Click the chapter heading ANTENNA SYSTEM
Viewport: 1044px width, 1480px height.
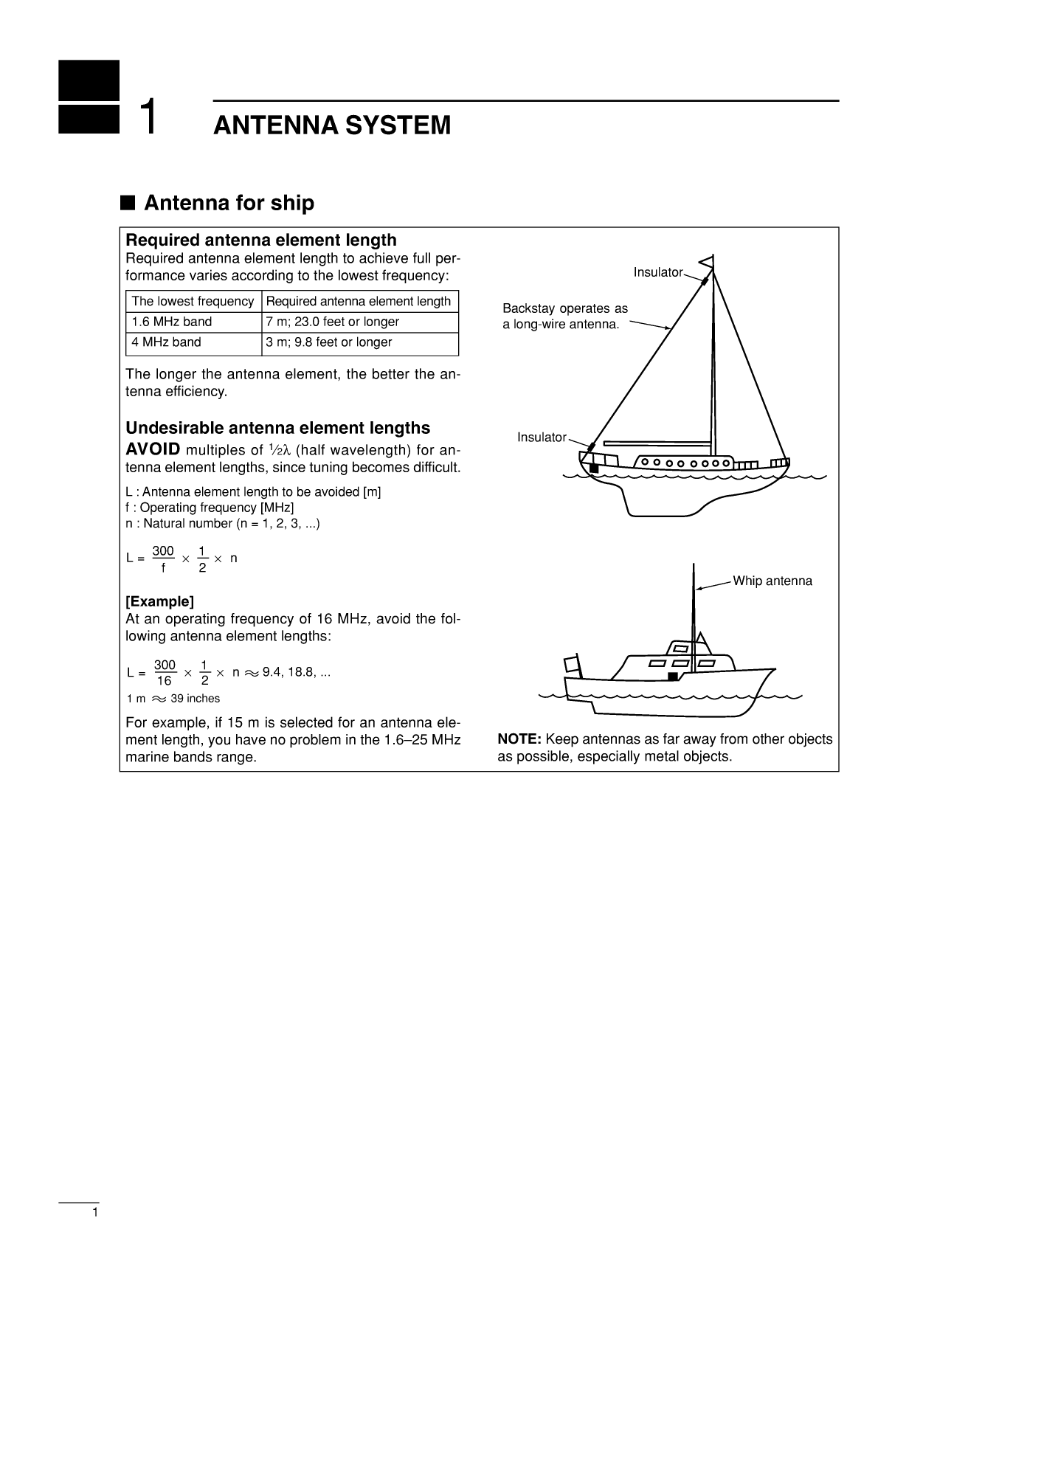(x=331, y=125)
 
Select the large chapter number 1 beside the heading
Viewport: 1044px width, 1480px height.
(x=148, y=117)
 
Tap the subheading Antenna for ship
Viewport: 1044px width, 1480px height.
(x=229, y=203)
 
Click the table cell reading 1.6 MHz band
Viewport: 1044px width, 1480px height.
(x=172, y=322)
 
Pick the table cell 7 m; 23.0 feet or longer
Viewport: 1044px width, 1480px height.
(x=332, y=322)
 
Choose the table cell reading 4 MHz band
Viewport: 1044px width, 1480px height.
(x=166, y=342)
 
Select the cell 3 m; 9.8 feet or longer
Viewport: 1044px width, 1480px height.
(x=328, y=342)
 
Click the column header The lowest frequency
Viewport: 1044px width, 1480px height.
(x=193, y=301)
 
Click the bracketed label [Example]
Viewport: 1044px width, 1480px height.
(x=159, y=601)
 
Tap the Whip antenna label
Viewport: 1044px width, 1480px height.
(x=772, y=581)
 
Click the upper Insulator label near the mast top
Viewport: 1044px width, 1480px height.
(x=657, y=273)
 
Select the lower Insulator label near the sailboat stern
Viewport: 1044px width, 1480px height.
(x=542, y=438)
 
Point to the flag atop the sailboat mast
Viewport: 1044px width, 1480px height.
(x=707, y=261)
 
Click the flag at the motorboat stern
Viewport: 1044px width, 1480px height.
(x=572, y=663)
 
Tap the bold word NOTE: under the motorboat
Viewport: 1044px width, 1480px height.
(x=519, y=739)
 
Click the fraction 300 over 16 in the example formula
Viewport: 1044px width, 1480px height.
(x=165, y=673)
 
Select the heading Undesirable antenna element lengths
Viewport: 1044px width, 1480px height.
(x=277, y=428)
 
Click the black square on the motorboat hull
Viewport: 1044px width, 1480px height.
(x=672, y=676)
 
